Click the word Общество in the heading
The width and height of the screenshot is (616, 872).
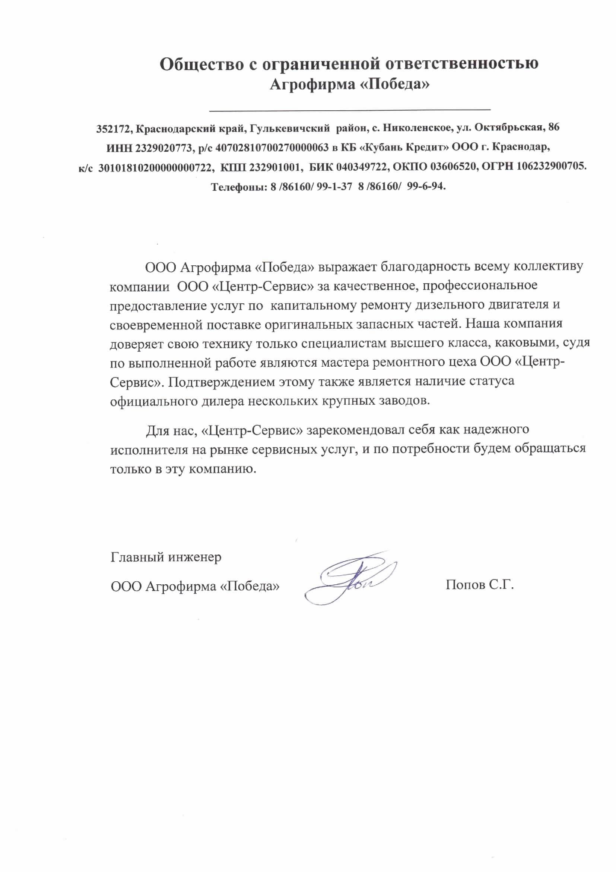click(201, 64)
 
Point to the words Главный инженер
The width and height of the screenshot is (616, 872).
click(166, 557)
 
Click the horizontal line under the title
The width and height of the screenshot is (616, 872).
click(350, 110)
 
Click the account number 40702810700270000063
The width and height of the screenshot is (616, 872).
click(272, 148)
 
